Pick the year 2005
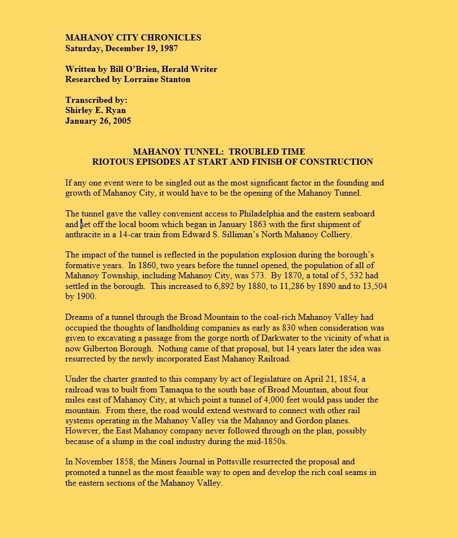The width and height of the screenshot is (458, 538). (x=122, y=120)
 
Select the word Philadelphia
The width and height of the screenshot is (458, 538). (x=265, y=214)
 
